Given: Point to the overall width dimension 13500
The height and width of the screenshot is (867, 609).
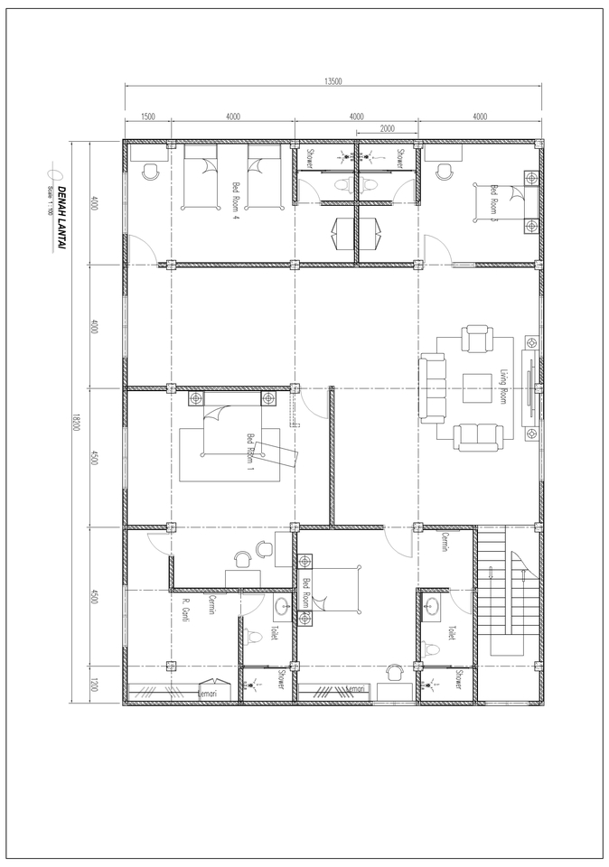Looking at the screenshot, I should click(333, 81).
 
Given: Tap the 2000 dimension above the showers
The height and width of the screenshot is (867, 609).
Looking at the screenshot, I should click(387, 129).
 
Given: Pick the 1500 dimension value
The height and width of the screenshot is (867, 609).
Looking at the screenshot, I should click(148, 117).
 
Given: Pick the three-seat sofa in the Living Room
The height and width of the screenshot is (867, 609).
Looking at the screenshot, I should click(433, 388).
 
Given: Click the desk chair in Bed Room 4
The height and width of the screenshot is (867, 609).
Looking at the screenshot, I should click(150, 172).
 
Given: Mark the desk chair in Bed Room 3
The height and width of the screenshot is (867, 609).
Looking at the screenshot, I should click(444, 172).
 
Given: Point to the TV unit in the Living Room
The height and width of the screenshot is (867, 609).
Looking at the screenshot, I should click(529, 389).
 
